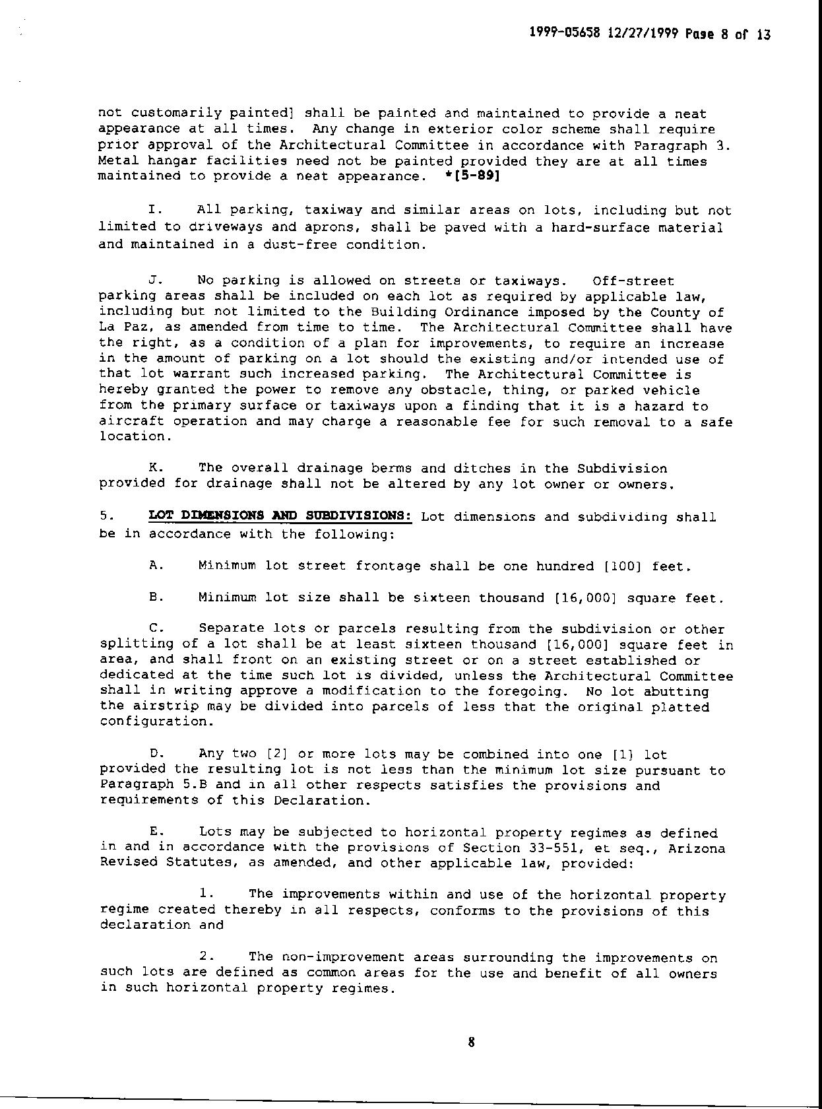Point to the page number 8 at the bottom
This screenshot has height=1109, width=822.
tap(471, 1043)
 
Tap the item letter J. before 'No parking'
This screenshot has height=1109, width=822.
tap(155, 281)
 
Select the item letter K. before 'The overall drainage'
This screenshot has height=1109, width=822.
tap(156, 467)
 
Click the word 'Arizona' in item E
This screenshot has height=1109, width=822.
tap(697, 848)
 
